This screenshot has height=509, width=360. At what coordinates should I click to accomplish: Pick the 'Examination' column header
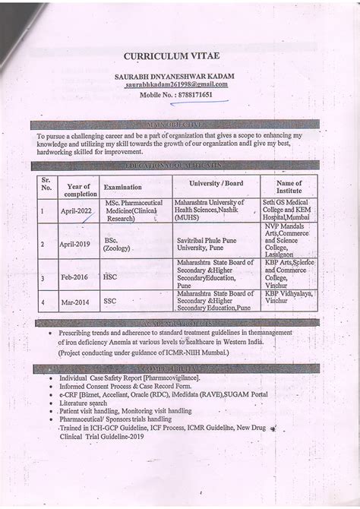coord(123,186)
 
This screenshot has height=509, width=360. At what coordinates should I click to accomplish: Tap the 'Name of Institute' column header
coord(289,187)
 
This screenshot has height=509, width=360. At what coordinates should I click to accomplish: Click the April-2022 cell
coord(80,212)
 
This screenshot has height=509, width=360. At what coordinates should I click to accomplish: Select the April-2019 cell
coord(76,244)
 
